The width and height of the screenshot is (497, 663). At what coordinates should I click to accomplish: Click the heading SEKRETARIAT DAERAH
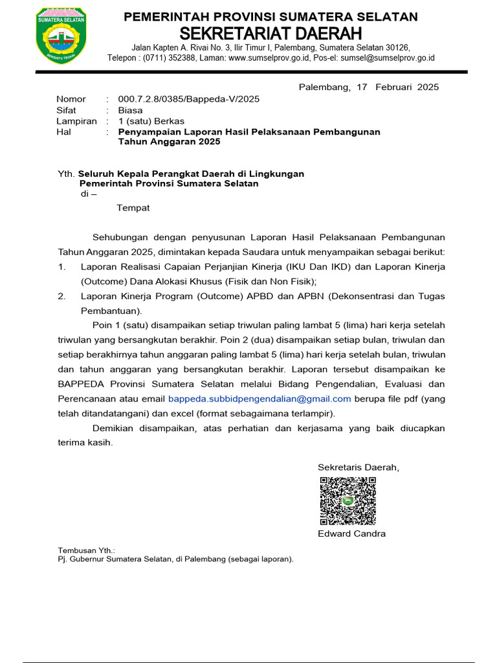(x=271, y=33)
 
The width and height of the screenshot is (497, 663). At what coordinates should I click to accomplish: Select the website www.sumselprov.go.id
(x=270, y=58)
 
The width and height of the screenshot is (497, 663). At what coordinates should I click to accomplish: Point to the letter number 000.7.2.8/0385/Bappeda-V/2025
(x=188, y=99)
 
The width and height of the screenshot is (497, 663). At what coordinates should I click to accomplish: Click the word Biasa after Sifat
(x=130, y=110)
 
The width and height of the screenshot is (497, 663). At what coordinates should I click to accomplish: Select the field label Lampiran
(x=76, y=121)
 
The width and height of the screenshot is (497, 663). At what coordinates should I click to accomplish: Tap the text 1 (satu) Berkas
(x=151, y=121)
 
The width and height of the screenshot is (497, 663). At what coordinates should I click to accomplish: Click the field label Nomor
(x=71, y=99)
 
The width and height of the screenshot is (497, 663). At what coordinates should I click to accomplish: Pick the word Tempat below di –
(x=133, y=208)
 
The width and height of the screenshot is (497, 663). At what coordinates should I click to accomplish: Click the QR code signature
(x=348, y=500)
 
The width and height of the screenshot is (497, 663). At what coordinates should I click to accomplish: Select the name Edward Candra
(x=351, y=534)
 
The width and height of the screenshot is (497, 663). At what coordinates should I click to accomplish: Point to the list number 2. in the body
(x=61, y=296)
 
